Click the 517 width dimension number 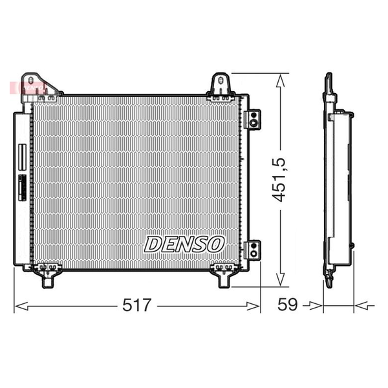[x=136, y=305]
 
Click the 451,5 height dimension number [x=279, y=180]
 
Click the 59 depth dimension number [x=287, y=305]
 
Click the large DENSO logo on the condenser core [x=184, y=244]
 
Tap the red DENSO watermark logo [x=28, y=87]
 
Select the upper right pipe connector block [x=252, y=119]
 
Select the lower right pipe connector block [x=252, y=250]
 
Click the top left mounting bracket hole [x=30, y=81]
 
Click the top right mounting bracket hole [x=221, y=80]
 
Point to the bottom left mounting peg [x=47, y=282]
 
